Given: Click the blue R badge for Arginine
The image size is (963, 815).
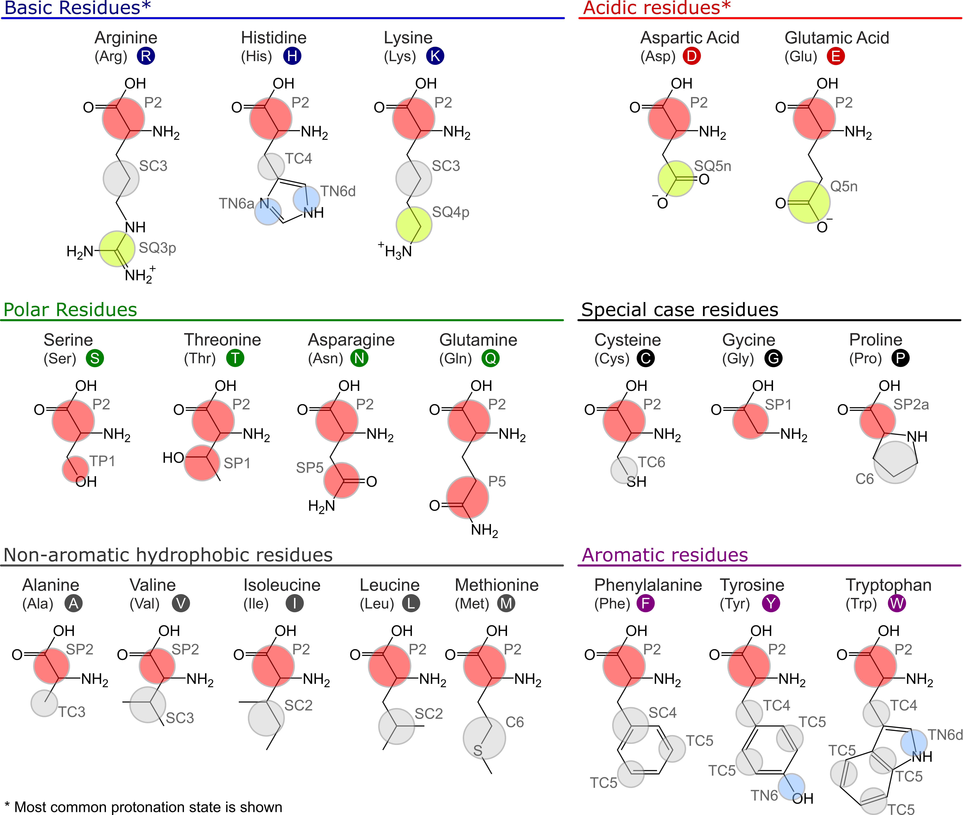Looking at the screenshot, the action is (146, 56).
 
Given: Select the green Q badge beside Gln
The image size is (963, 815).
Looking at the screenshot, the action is (491, 358).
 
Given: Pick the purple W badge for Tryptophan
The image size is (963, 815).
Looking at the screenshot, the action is (896, 603).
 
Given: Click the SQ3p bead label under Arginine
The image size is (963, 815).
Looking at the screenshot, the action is (157, 248).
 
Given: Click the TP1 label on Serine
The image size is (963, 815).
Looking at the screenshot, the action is (102, 461).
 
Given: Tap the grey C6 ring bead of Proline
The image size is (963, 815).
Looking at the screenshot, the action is (895, 462).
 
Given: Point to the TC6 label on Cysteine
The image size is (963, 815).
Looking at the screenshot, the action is (651, 462).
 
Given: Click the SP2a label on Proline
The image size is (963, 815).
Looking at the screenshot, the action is (911, 404).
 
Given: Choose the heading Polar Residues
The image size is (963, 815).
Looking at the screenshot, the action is (70, 310).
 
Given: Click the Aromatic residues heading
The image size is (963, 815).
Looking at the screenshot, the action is (665, 555).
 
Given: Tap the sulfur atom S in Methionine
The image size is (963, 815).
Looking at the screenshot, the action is (478, 751).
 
